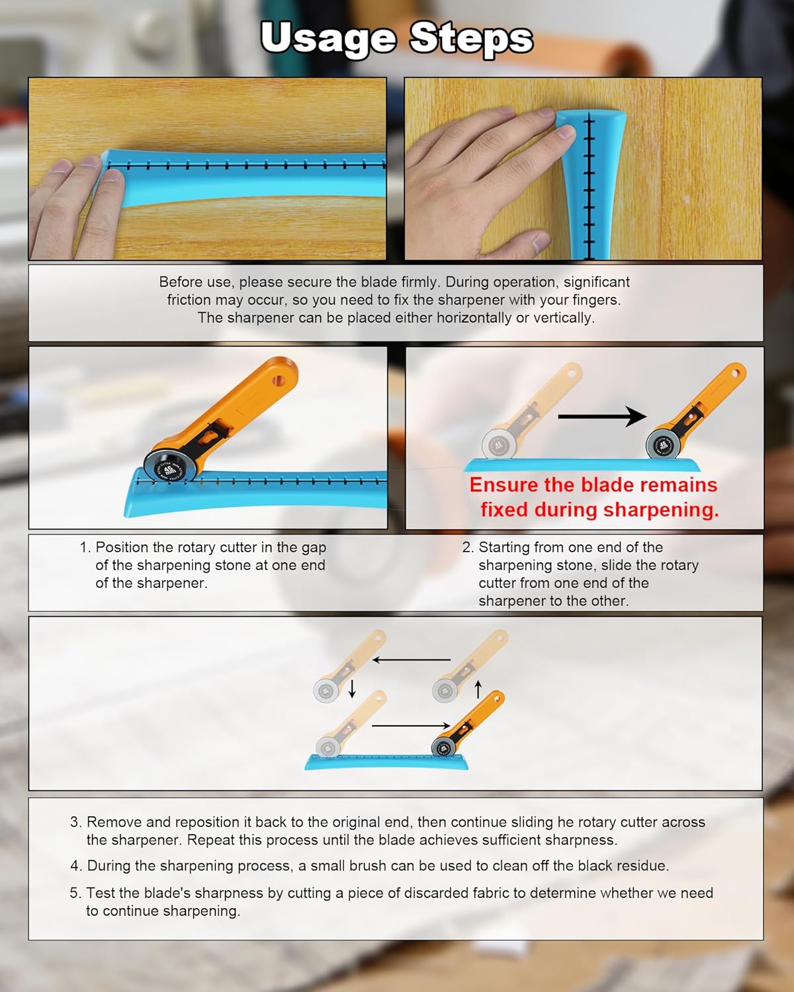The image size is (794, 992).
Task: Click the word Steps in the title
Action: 471,38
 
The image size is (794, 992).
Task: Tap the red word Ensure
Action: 504,485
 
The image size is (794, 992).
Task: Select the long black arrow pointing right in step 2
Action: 601,417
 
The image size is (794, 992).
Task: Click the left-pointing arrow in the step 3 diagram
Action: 411,660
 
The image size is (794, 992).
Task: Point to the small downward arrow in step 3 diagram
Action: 352,688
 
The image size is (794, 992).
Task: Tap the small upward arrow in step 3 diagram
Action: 478,688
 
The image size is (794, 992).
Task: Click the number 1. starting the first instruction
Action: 85,548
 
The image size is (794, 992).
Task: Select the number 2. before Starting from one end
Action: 468,548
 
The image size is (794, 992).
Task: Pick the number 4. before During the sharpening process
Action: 76,866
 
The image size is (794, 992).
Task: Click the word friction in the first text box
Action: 189,300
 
